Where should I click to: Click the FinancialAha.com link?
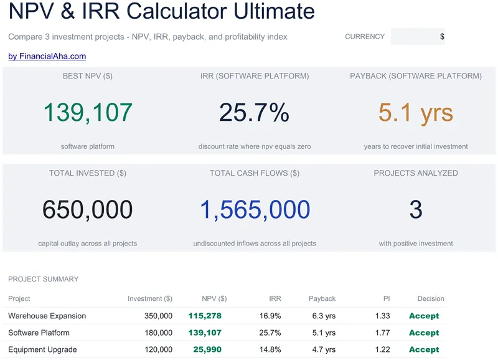(x=47, y=56)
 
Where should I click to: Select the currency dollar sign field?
(x=418, y=37)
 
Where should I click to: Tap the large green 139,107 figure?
(x=88, y=113)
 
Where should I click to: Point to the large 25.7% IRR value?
(x=254, y=113)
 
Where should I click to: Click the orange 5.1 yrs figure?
(x=416, y=113)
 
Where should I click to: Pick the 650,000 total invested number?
(x=88, y=210)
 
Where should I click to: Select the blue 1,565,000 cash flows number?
(x=255, y=210)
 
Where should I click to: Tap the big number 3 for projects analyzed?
(x=416, y=210)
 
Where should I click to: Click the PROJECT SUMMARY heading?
(x=43, y=279)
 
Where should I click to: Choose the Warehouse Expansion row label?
(x=47, y=316)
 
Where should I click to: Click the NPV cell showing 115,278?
(x=205, y=316)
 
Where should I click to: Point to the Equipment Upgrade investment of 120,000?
(x=159, y=349)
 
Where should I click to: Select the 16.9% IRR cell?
(x=270, y=316)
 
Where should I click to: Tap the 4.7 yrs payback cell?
(x=324, y=349)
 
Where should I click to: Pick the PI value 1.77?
(x=382, y=333)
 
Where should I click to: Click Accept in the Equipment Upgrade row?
(x=424, y=349)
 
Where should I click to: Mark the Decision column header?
(x=431, y=299)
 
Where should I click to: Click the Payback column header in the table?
(x=322, y=299)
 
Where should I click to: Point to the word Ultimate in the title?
(x=274, y=11)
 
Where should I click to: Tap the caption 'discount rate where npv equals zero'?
(x=255, y=146)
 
